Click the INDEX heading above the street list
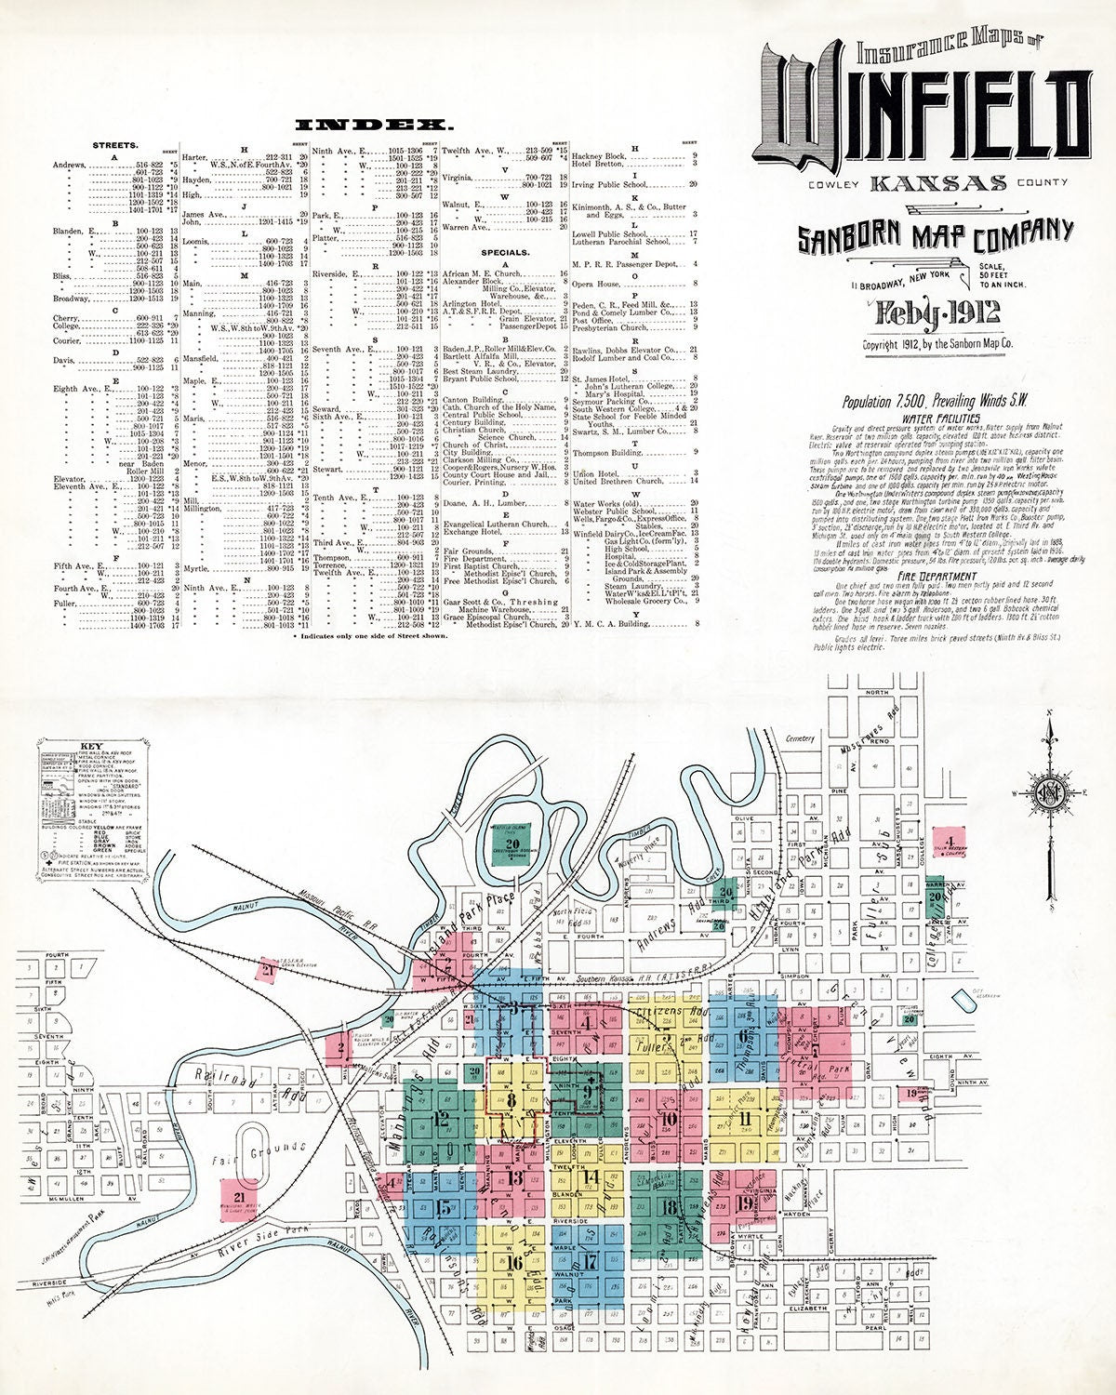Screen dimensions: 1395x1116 pos(374,124)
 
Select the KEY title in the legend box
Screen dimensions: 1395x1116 pos(92,746)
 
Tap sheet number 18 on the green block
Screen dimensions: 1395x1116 pos(668,1209)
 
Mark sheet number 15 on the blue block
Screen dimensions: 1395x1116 pos(444,1209)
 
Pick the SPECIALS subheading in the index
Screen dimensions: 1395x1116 pos(505,252)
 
